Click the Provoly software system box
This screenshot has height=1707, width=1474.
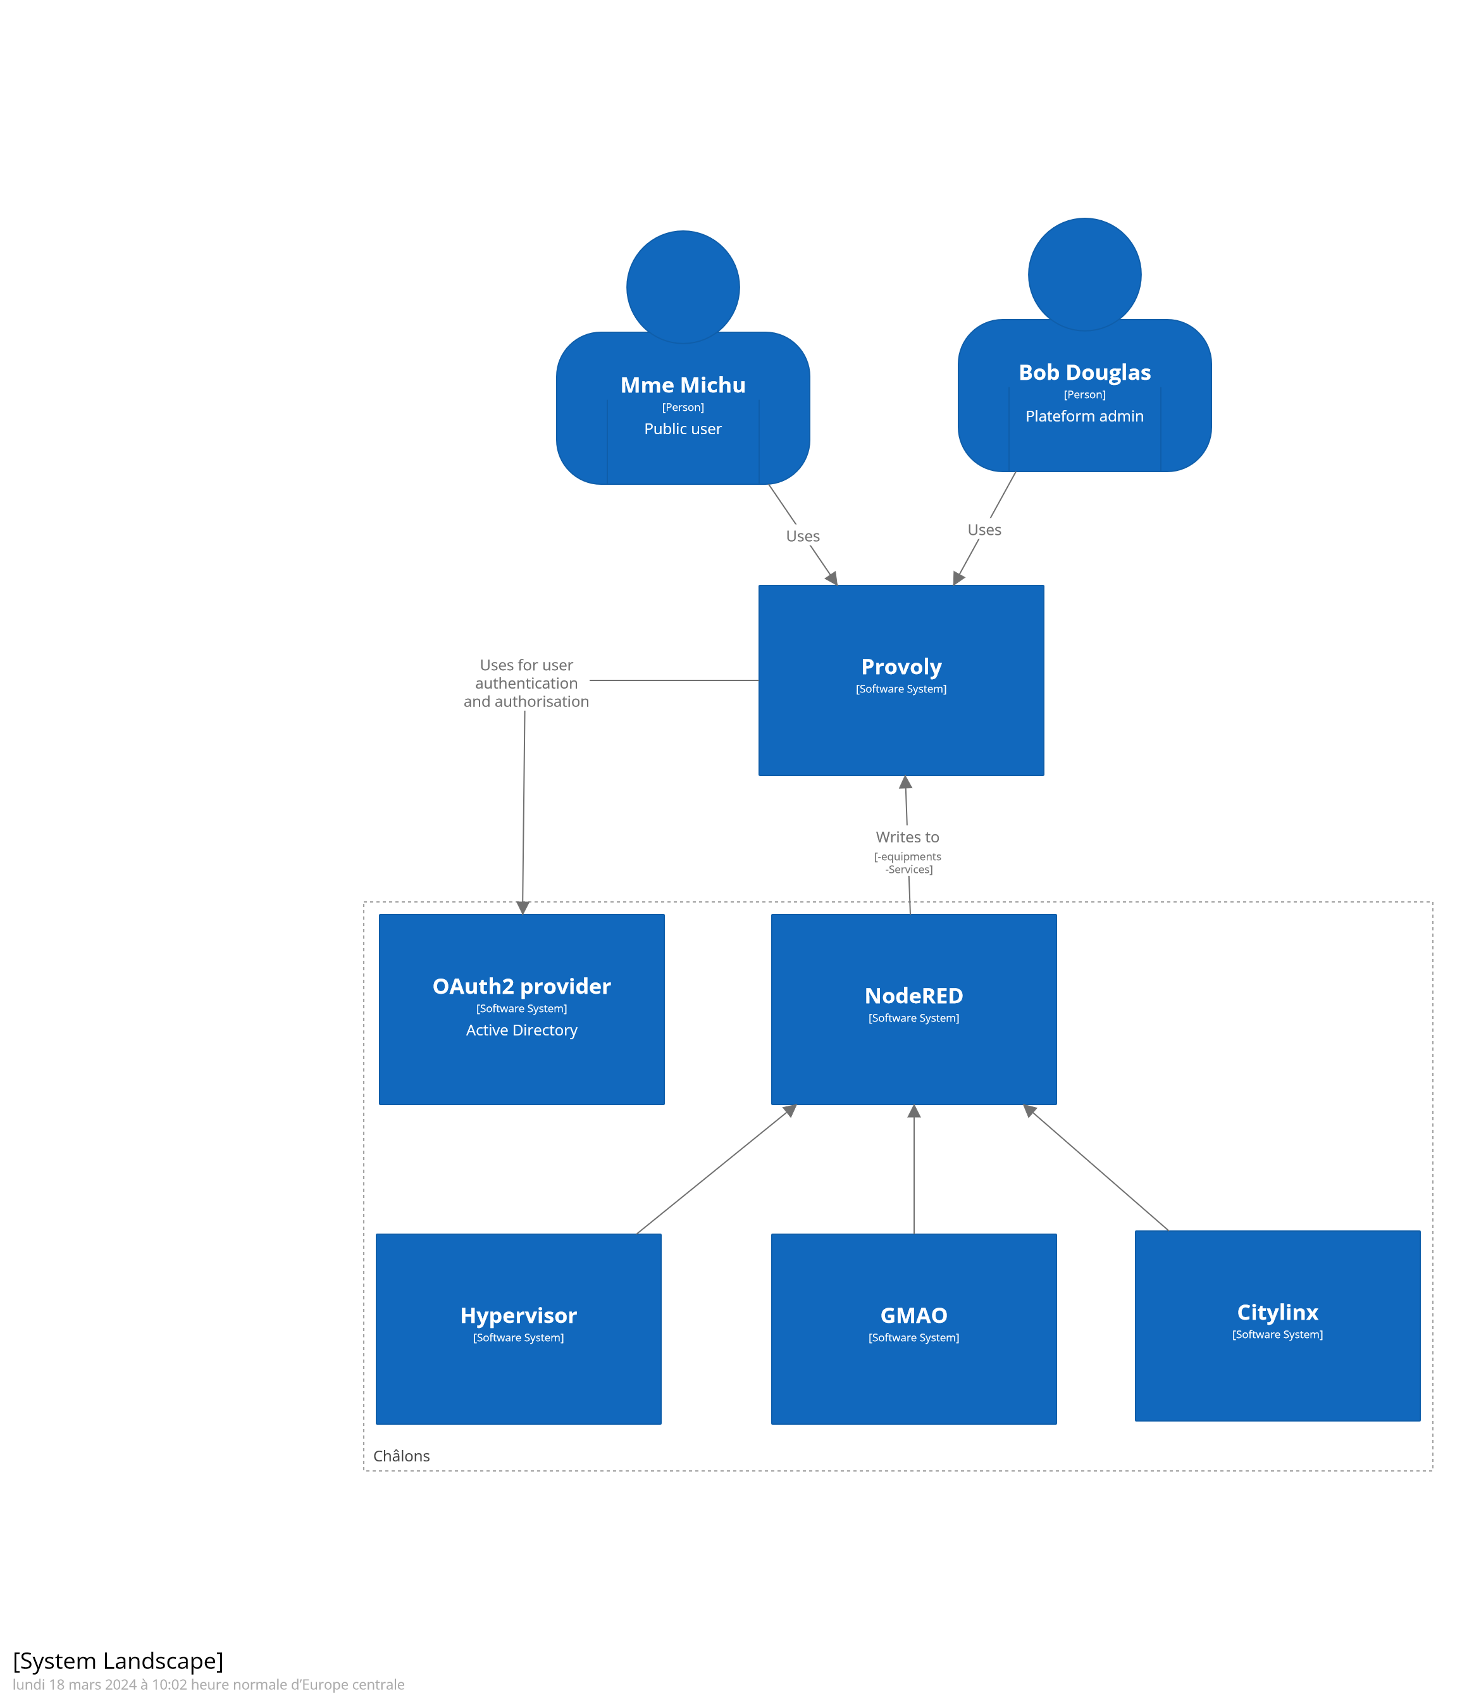pos(901,680)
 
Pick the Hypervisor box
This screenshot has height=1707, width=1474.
pos(518,1328)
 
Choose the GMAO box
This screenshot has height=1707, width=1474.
pos(914,1328)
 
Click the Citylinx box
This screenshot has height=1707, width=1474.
pos(1277,1325)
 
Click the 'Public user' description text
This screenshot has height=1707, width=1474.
pos(683,429)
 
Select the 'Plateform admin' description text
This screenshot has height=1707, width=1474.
pos(1084,416)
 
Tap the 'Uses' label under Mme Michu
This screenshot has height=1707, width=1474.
pos(803,536)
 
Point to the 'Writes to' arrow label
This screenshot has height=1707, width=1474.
pos(907,837)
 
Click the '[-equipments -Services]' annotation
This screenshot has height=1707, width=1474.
pos(907,863)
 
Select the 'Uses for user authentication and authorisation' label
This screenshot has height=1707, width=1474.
pos(526,683)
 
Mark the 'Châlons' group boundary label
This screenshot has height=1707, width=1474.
pos(401,1456)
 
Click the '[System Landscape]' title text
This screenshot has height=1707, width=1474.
pos(118,1661)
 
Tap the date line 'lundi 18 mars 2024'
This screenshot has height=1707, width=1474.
pos(208,1685)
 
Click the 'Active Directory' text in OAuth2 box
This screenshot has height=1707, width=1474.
pos(521,1030)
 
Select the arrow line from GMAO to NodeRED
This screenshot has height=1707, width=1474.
pos(914,1170)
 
